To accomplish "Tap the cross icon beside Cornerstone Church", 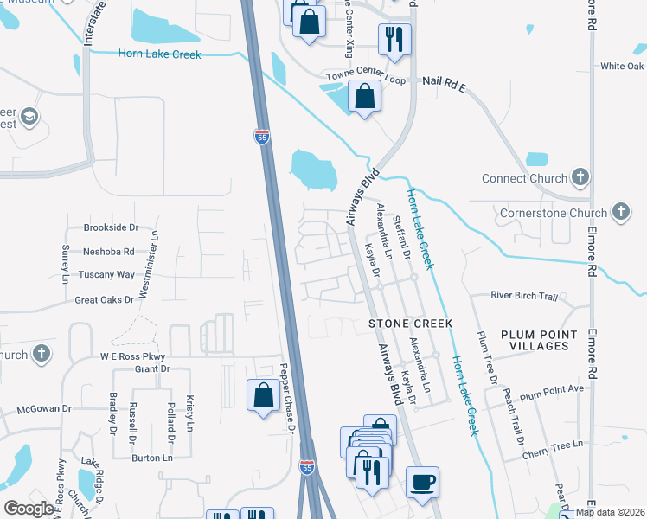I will tap(620, 211).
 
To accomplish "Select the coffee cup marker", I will tap(422, 483).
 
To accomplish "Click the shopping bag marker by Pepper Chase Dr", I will tap(263, 396).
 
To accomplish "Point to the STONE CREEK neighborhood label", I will tap(410, 324).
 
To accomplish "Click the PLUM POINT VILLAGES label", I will tap(538, 340).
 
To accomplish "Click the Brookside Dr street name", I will tap(111, 227).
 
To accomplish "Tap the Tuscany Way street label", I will tap(108, 275).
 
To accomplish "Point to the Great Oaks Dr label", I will tap(105, 300).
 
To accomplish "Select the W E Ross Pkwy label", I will tap(132, 356).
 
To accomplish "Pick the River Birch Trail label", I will tap(524, 296).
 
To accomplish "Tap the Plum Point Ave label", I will tap(552, 390).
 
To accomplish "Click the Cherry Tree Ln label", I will tap(553, 444).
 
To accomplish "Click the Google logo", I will tap(29, 509).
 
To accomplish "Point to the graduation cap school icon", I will tap(29, 116).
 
